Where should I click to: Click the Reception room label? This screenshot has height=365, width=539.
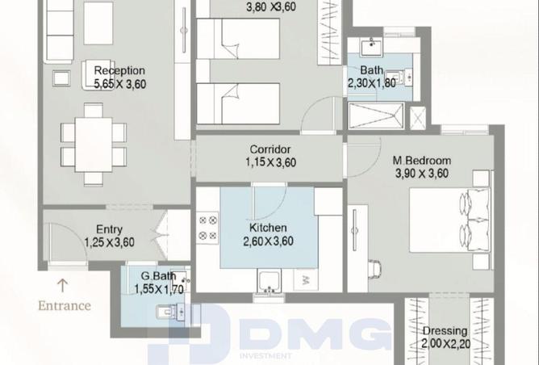click(x=119, y=71)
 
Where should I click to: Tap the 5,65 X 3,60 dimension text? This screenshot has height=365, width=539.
click(x=119, y=84)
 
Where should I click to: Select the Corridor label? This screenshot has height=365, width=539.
click(x=269, y=149)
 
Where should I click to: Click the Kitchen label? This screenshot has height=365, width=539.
click(x=268, y=228)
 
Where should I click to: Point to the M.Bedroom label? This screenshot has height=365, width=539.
click(x=422, y=161)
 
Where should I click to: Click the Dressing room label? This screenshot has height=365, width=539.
click(x=445, y=331)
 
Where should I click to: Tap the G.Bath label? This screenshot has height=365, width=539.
click(x=158, y=276)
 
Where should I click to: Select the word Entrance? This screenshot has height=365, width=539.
click(x=65, y=305)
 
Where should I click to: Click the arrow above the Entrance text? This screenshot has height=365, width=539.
click(x=62, y=285)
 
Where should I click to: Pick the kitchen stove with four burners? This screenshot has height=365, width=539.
click(x=207, y=228)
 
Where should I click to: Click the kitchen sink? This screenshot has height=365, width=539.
click(x=269, y=281)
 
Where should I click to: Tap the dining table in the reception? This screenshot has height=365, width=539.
click(x=94, y=145)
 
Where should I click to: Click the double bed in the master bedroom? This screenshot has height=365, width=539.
click(x=449, y=220)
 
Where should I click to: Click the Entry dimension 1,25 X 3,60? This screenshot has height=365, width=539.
click(x=109, y=242)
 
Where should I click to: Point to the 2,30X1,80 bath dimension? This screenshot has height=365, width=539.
click(x=372, y=84)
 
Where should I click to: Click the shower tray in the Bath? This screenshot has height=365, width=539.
click(x=376, y=116)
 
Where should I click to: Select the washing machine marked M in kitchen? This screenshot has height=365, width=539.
click(x=306, y=279)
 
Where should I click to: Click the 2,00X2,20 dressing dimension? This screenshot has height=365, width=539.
click(x=446, y=344)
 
